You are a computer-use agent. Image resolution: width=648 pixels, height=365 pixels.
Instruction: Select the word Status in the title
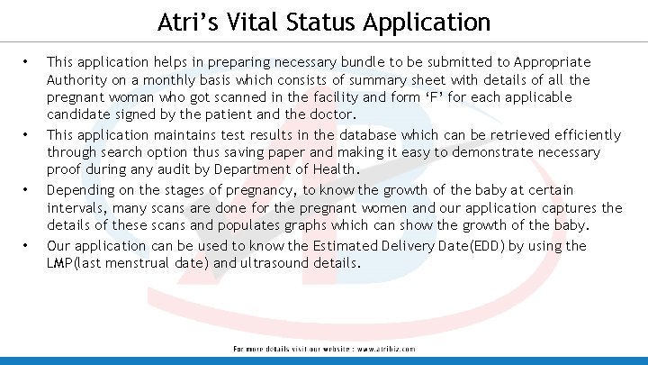(337, 22)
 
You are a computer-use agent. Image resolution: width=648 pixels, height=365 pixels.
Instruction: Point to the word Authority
(78, 80)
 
